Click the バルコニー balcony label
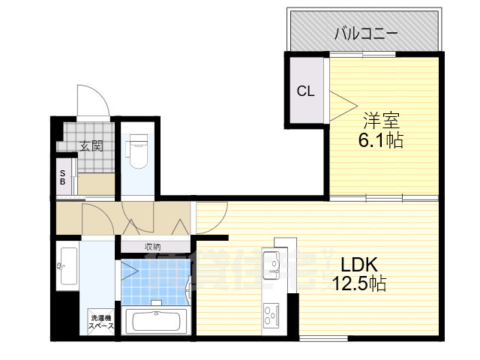tap(365, 33)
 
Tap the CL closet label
tap(305, 91)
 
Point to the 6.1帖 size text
tap(380, 140)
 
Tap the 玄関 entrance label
tap(92, 145)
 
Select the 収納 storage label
tap(153, 246)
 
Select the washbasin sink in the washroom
tap(67, 264)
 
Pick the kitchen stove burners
tap(270, 310)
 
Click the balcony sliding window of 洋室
tap(364, 54)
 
